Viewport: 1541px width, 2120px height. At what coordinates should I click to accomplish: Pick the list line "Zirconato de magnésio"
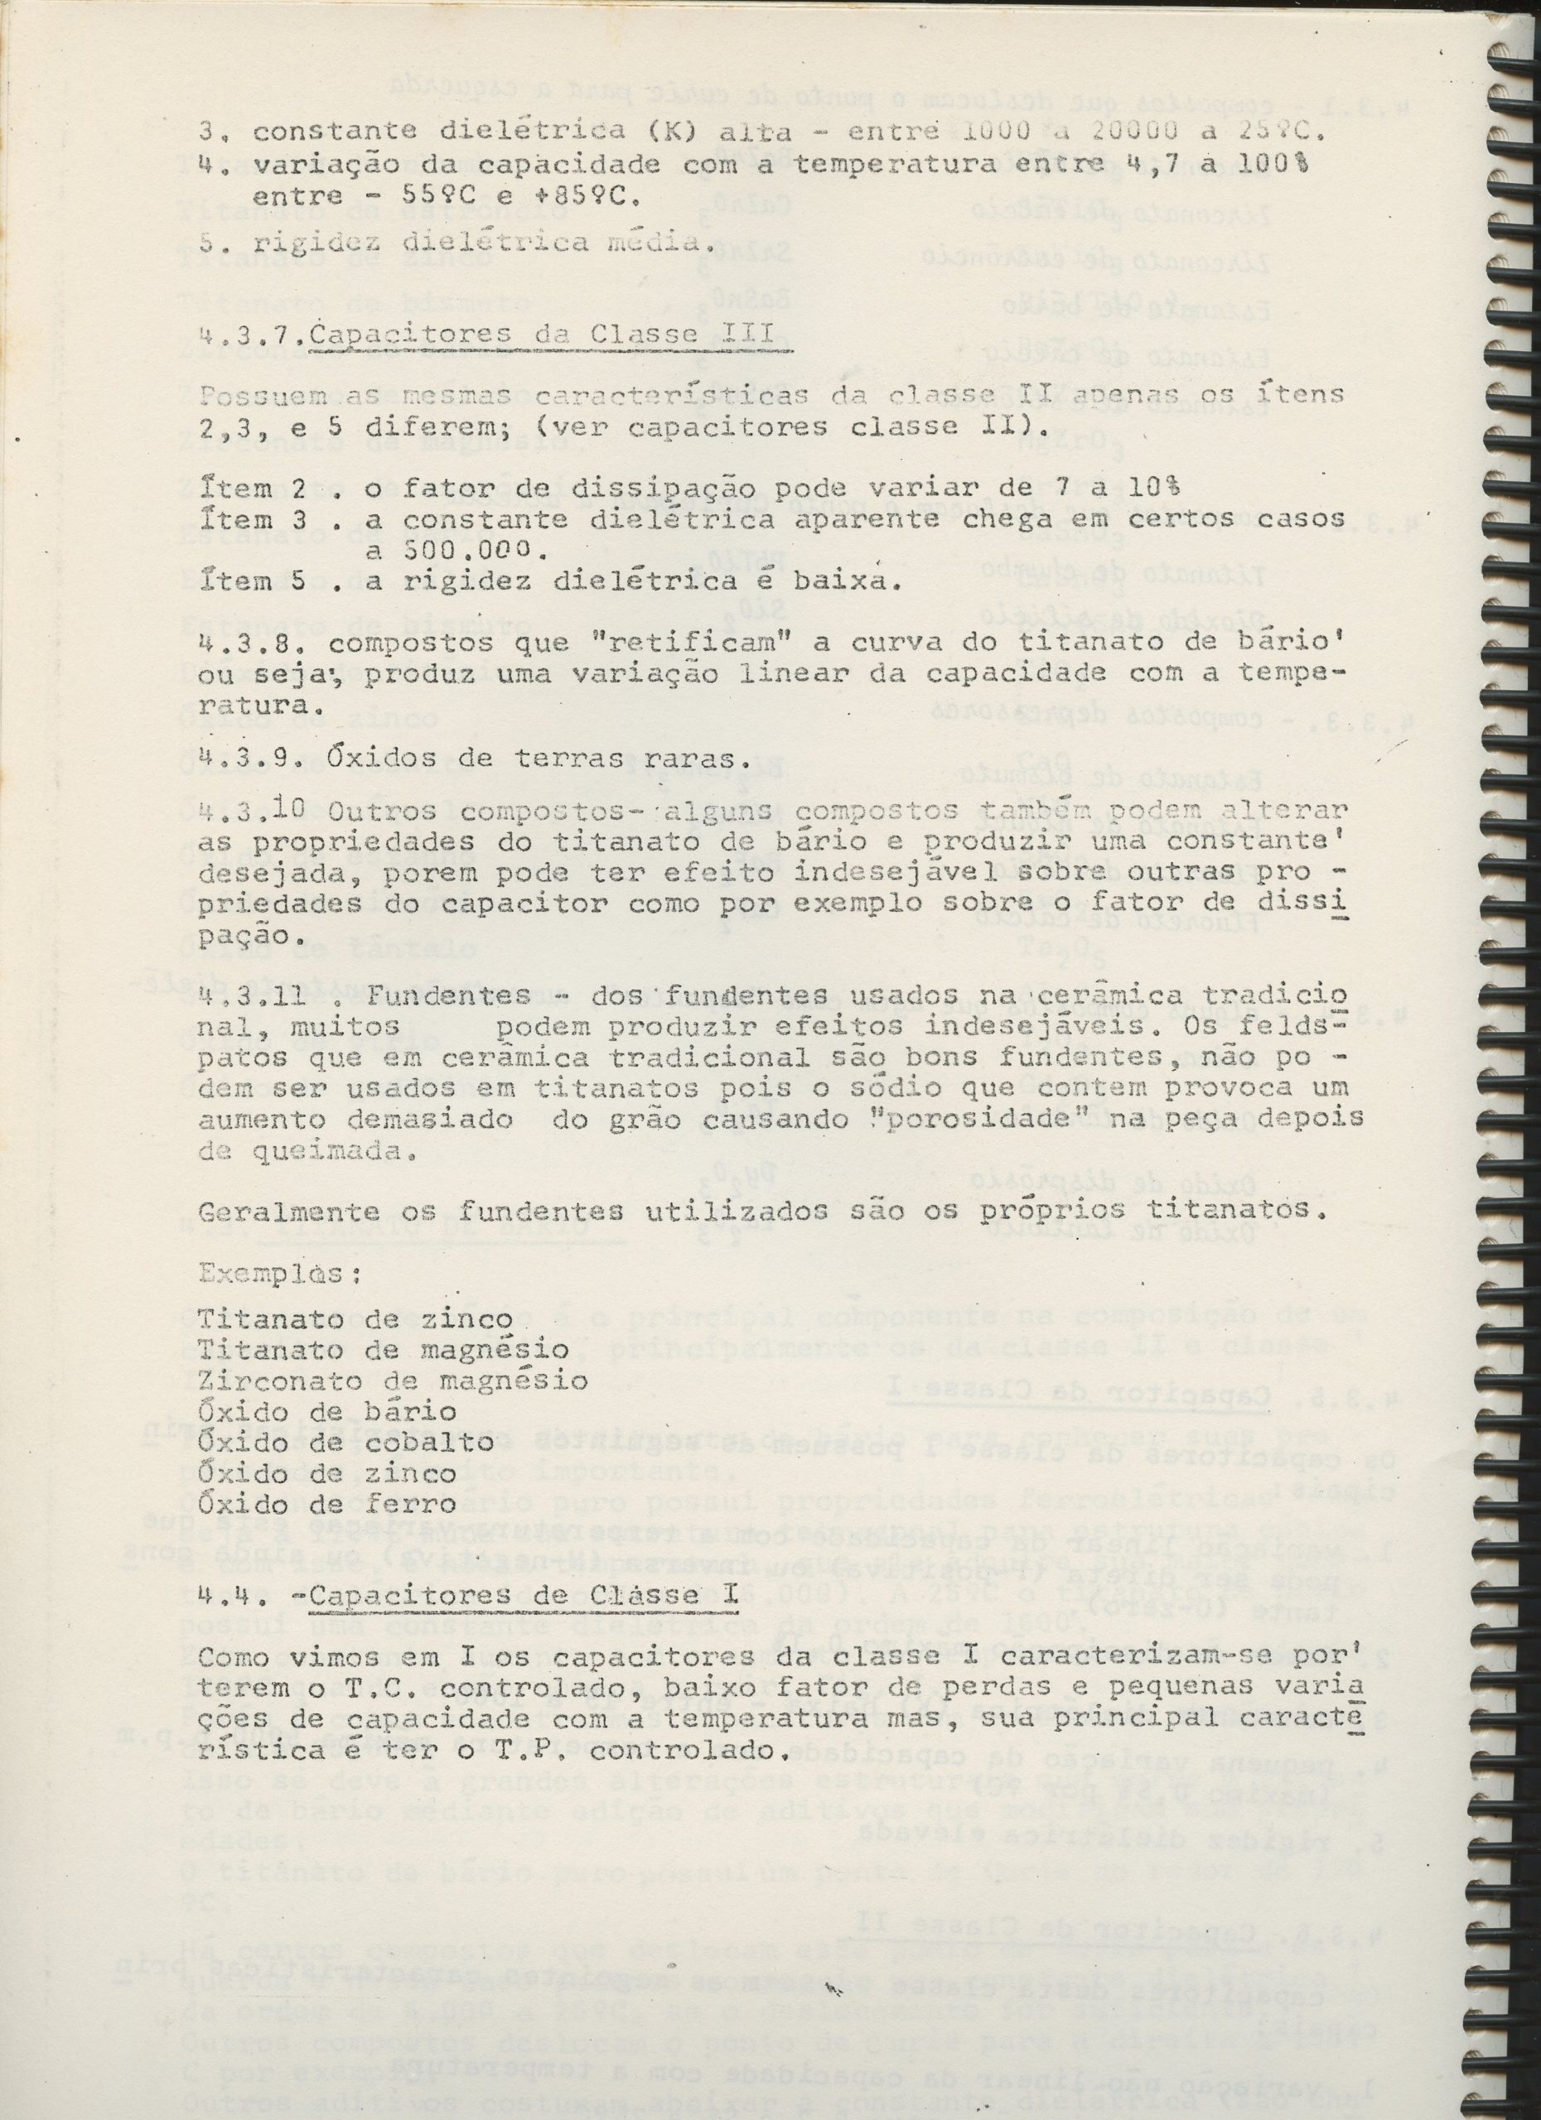click(393, 1380)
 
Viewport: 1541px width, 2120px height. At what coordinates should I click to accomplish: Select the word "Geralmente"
click(276, 1212)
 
